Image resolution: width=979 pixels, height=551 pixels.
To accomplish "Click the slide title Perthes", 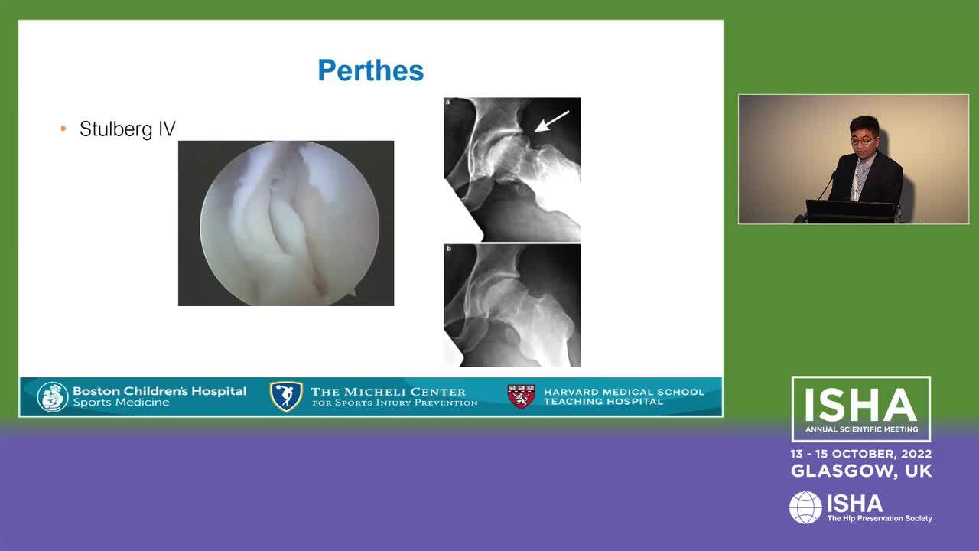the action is click(x=371, y=70).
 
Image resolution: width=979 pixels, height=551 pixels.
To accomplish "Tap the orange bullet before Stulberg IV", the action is click(x=63, y=129).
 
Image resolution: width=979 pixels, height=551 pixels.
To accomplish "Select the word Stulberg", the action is click(x=116, y=129).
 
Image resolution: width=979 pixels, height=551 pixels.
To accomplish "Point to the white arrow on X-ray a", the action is click(x=551, y=121).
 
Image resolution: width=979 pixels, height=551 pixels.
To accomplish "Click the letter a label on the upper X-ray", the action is click(x=448, y=103).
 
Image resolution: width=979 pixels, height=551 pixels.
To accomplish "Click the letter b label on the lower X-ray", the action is click(x=449, y=249).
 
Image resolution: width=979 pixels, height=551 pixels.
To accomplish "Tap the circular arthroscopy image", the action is click(x=289, y=223).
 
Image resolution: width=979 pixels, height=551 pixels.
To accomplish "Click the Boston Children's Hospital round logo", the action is click(x=53, y=397).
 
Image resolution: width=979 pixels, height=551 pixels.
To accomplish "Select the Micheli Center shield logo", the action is click(x=286, y=396).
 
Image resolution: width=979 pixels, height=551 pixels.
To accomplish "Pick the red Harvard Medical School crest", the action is click(x=521, y=396).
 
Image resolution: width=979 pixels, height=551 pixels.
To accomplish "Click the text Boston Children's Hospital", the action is click(x=160, y=391).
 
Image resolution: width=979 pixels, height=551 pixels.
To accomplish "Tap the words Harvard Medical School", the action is click(x=623, y=392).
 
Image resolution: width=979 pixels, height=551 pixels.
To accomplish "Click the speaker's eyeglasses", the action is click(x=864, y=140).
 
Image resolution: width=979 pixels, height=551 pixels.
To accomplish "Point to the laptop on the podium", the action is click(x=850, y=211).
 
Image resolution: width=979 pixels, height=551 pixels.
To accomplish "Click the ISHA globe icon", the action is click(x=805, y=507).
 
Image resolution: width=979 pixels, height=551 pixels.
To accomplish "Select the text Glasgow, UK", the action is click(x=861, y=471).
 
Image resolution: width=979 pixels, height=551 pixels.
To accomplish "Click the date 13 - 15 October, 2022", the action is click(x=861, y=454).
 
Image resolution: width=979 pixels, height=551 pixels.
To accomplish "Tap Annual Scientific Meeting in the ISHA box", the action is click(x=861, y=429).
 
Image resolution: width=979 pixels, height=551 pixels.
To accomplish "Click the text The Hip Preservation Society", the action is click(x=880, y=518).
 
